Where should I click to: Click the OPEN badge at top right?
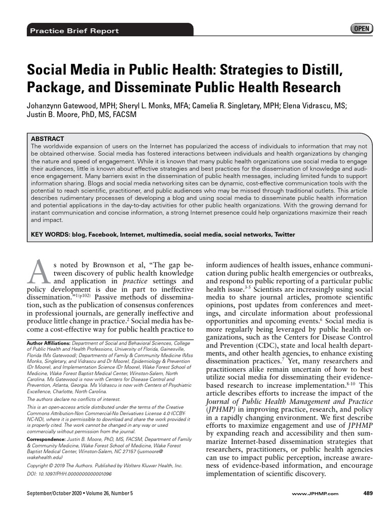coord(361,29)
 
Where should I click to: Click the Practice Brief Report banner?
coord(74,31)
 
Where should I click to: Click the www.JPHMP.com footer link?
coord(316,494)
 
